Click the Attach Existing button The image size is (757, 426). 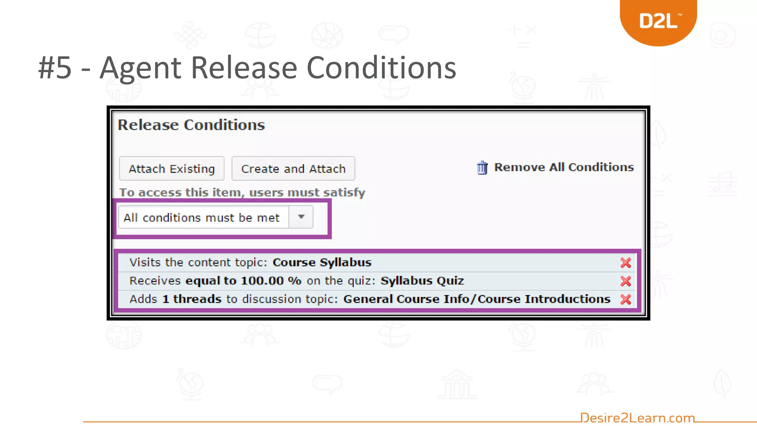pos(172,169)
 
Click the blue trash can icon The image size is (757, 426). pos(482,168)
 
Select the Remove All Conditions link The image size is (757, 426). pos(564,167)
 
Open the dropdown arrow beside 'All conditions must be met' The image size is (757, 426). pos(301,217)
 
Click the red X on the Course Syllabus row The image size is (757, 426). pos(625,263)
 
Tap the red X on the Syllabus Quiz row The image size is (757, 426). pos(625,281)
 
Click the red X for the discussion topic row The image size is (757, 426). pos(625,299)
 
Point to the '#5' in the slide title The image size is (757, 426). pos(55,68)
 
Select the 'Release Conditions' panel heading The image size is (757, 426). pos(191,125)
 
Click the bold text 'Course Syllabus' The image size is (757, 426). pos(322,262)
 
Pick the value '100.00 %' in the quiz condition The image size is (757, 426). pos(271,281)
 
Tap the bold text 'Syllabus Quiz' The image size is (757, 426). pos(422,281)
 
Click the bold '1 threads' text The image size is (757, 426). pos(192,299)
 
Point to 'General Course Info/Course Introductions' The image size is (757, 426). pos(476,299)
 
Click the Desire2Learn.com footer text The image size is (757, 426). pos(637,418)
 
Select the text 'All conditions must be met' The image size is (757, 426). pos(201,217)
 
